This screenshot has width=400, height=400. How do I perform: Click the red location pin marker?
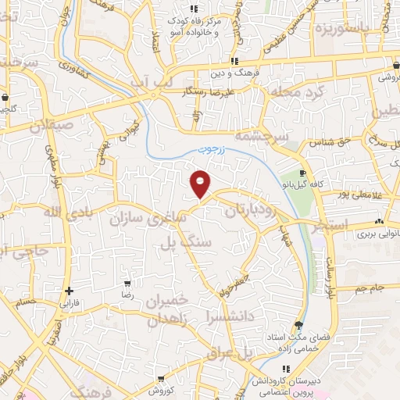201,183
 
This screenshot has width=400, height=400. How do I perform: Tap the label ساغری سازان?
148,217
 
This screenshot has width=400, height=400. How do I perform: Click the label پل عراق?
232,352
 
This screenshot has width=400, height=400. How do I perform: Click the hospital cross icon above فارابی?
70,290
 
